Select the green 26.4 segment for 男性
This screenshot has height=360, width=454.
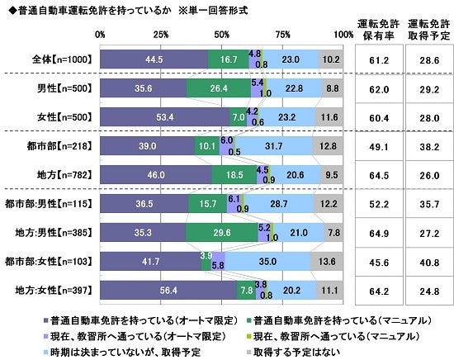217,88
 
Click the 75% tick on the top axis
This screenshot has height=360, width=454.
282,34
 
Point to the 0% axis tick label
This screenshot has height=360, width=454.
100,34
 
